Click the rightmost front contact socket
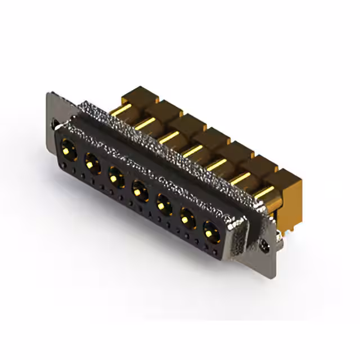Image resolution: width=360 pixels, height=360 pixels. pos(210,229)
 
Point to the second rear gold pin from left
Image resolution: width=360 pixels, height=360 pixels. pos(148,123)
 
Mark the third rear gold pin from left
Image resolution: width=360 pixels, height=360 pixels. pos(169,137)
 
